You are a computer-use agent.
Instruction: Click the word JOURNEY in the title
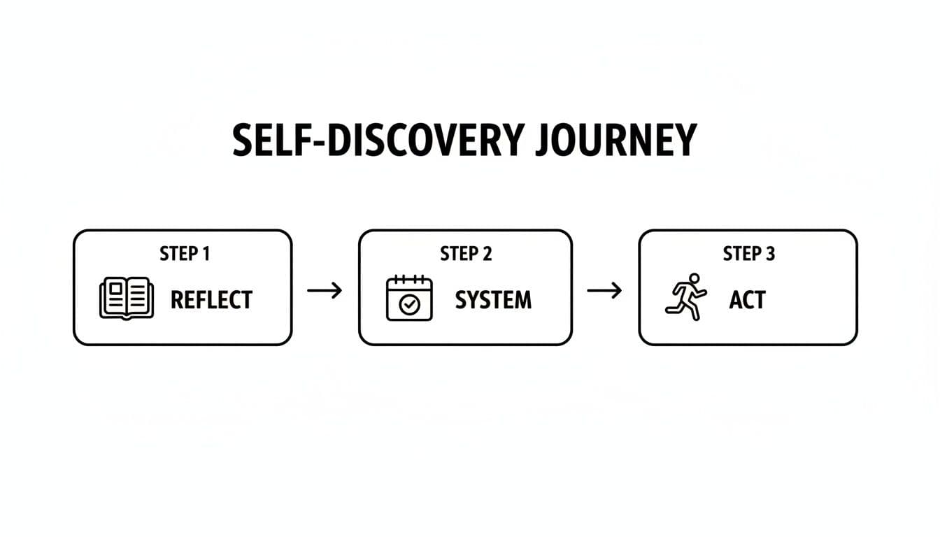click(615, 140)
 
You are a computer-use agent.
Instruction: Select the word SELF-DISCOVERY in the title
click(378, 140)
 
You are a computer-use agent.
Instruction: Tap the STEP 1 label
click(185, 253)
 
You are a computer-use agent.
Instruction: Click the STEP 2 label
click(466, 253)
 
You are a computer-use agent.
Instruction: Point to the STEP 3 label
click(748, 253)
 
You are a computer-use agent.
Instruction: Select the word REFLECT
click(211, 300)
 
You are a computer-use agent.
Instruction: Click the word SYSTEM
click(493, 300)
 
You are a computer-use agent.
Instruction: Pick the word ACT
click(748, 300)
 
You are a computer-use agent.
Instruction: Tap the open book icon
click(126, 299)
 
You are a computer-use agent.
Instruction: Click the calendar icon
click(409, 299)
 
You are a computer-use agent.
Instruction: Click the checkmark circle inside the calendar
click(409, 305)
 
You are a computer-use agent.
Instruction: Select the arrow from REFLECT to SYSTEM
click(325, 290)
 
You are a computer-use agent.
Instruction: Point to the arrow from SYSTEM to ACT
click(605, 290)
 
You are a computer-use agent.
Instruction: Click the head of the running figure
click(694, 278)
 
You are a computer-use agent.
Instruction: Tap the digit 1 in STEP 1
click(205, 253)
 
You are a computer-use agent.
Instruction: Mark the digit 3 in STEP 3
click(769, 253)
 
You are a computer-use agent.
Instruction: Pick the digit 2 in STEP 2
click(487, 253)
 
